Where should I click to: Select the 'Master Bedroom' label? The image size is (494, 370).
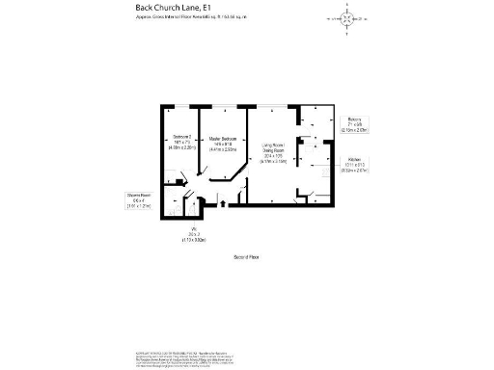pos(223,138)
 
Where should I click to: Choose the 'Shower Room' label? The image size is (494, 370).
pos(141,195)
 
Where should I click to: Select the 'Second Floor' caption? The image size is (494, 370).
pos(247,257)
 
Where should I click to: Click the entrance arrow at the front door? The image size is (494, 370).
pos(224,203)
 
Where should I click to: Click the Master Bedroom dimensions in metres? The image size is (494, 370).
pos(223,149)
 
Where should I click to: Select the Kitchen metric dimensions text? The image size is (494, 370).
pos(357,173)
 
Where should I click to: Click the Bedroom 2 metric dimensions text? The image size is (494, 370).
pos(183,149)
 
